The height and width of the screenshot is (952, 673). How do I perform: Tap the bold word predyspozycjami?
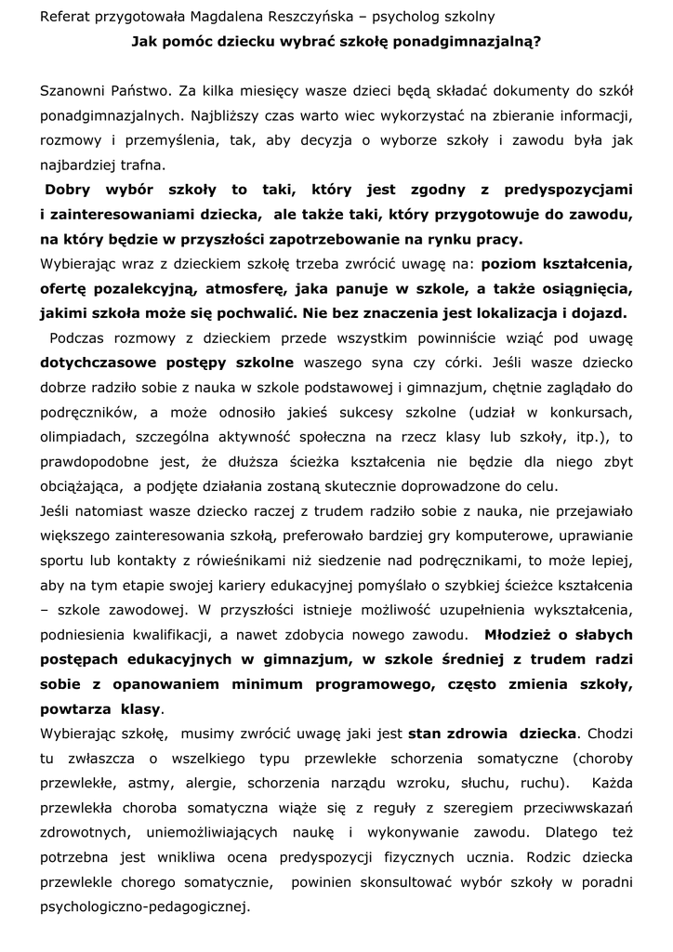point(568,191)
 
